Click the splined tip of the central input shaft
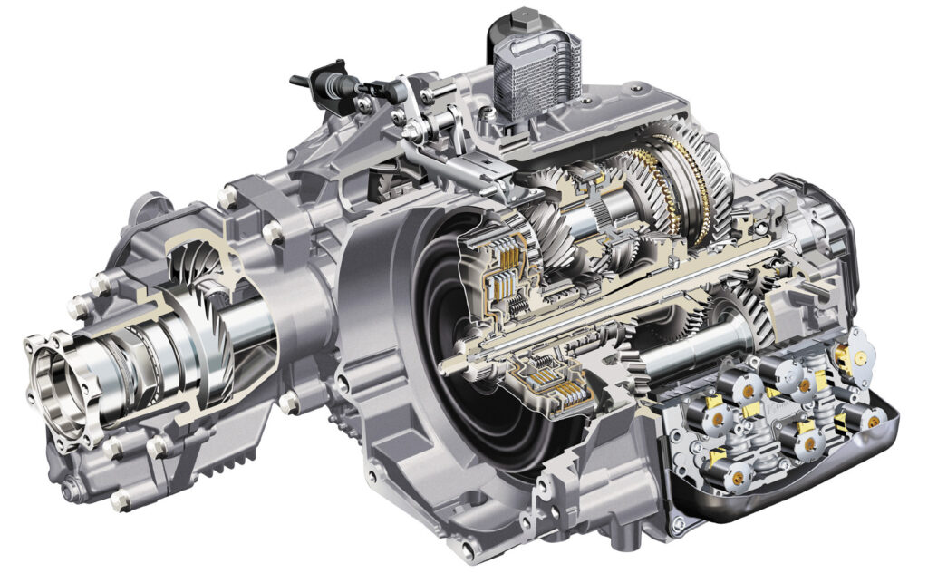pyautogui.click(x=450, y=365)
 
